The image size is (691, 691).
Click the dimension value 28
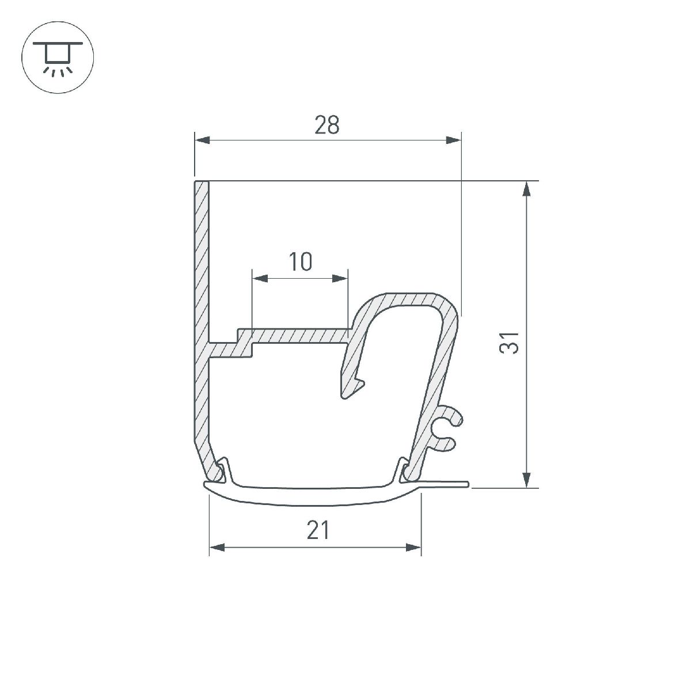326,125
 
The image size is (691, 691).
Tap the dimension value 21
318,530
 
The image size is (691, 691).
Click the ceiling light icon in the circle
58,58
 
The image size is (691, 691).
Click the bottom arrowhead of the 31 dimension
526,479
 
